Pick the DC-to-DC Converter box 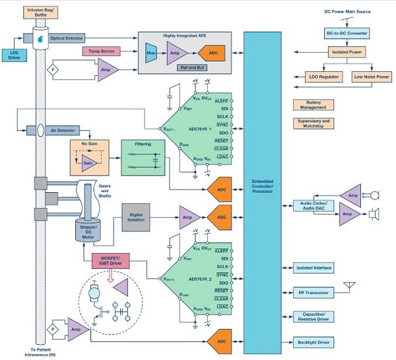click(347, 32)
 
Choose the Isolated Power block click(347, 51)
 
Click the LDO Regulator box click(324, 77)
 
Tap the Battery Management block click(313, 104)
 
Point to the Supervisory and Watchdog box click(313, 124)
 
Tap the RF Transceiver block click(314, 291)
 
